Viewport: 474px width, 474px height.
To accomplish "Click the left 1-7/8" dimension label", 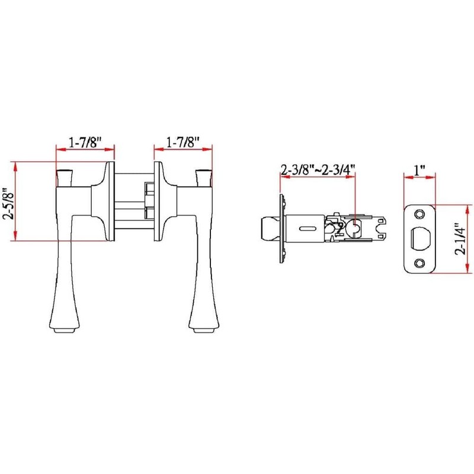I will point(85,143).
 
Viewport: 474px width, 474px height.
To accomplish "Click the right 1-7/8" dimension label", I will point(182,143).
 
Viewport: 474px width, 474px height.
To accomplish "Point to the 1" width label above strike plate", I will point(419,170).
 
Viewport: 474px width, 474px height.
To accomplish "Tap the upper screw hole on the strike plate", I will point(420,213).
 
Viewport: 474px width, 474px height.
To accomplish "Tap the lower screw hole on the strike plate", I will point(420,263).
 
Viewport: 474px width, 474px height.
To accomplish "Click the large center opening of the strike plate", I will point(421,238).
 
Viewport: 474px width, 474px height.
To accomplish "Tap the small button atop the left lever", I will point(63,177).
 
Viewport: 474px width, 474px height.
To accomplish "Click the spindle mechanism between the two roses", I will point(133,201).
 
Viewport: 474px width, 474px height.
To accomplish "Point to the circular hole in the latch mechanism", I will point(356,228).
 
